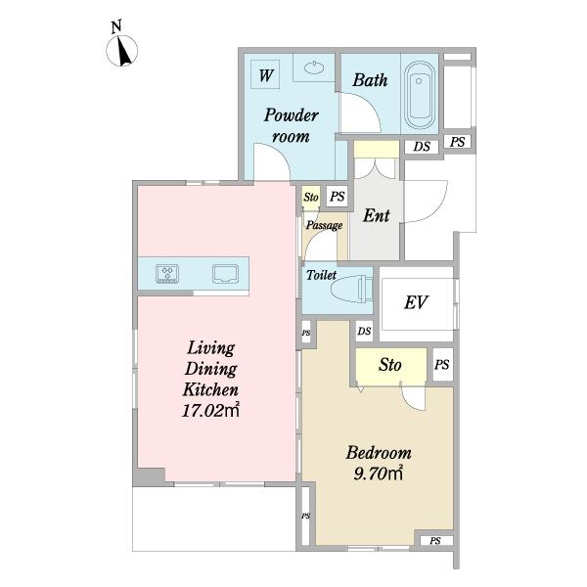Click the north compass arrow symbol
coord(122,51)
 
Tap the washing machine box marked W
coord(265,74)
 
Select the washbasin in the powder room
coord(314,68)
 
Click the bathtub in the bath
coord(420,94)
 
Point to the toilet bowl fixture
coord(352,289)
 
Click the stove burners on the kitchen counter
coord(167,273)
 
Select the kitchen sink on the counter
coord(225,273)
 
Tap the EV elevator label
coord(416,302)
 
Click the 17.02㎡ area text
coord(210,410)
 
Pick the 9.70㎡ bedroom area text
coord(378,474)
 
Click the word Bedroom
coord(379,453)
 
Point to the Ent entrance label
coord(377,215)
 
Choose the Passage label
coord(324,225)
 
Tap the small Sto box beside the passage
coord(311,197)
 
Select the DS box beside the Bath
coord(422,147)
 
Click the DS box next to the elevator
coord(364,331)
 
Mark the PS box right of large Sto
coord(442,364)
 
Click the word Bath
coord(370,80)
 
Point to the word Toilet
coord(321,275)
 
